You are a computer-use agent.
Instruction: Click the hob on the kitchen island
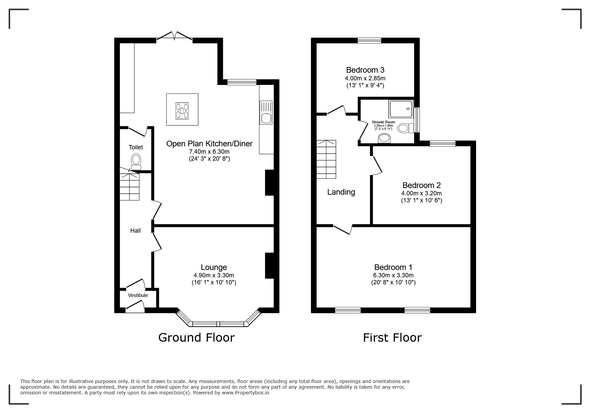click(182, 110)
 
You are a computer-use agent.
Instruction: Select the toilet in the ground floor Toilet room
click(136, 162)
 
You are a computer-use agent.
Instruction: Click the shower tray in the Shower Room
click(401, 109)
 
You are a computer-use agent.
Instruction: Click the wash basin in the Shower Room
click(384, 138)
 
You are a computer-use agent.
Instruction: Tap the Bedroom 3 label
click(365, 70)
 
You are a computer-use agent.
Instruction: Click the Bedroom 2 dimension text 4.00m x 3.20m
click(421, 193)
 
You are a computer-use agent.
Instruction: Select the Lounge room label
click(214, 267)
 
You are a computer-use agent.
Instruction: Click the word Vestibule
click(138, 295)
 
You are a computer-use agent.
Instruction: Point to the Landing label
click(341, 192)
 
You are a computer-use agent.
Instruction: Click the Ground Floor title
click(197, 338)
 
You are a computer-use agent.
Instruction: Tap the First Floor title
click(392, 338)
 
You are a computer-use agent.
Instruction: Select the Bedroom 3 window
click(369, 41)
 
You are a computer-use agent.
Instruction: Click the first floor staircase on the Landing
click(326, 159)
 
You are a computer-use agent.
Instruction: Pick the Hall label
click(135, 231)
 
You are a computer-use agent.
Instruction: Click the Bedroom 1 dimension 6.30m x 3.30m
click(393, 275)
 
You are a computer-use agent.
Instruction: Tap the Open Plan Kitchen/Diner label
click(209, 144)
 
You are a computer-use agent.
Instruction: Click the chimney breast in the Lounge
click(269, 266)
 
